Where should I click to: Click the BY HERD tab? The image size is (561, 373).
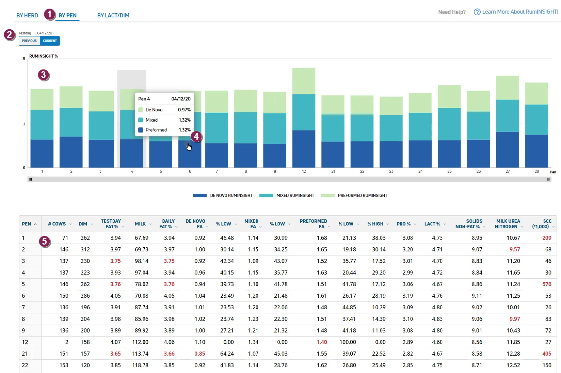tap(27, 15)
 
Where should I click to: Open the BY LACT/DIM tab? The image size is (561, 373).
tap(113, 15)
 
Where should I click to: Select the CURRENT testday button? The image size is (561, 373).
tap(50, 41)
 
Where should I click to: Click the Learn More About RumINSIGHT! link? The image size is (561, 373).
tap(520, 12)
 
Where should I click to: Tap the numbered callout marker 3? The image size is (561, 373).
tap(44, 75)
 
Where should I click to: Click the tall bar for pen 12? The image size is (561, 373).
tap(304, 118)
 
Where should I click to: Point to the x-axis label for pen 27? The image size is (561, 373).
tap(508, 171)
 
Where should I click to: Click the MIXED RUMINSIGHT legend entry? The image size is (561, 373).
tap(287, 196)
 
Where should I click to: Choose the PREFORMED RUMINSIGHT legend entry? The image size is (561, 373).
tap(354, 196)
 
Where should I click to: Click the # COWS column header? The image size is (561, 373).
tap(57, 224)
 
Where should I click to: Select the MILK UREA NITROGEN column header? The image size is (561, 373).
tap(508, 224)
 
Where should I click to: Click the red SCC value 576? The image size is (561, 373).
tap(547, 284)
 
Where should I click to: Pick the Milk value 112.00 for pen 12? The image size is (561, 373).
tap(140, 342)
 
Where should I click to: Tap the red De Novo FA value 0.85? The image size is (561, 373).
tap(200, 354)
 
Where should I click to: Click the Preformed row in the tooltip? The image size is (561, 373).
tap(164, 130)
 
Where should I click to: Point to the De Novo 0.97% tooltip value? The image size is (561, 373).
tap(184, 110)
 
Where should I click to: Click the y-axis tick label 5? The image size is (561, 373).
tap(24, 59)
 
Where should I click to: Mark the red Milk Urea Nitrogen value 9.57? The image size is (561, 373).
tap(515, 249)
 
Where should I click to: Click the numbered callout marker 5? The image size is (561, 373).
tap(45, 241)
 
